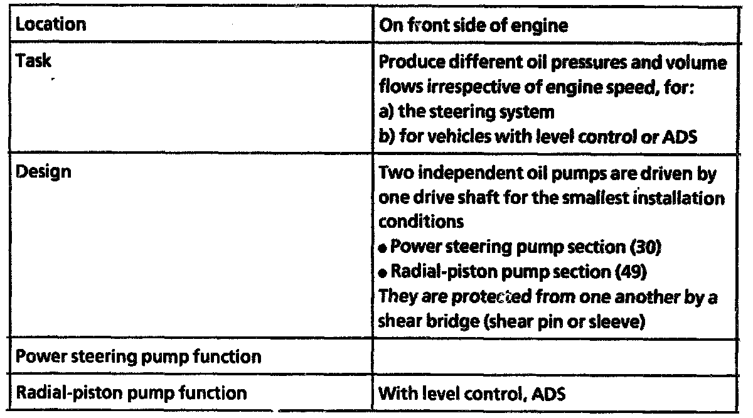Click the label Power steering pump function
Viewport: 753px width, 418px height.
point(138,357)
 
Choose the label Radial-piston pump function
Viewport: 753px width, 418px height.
point(131,394)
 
